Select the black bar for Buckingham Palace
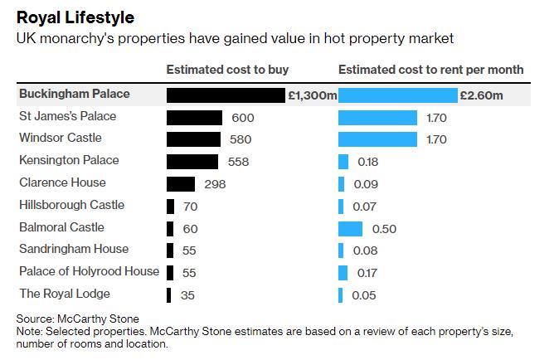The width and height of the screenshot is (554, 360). [x=226, y=95]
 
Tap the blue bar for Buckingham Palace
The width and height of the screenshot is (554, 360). [x=398, y=95]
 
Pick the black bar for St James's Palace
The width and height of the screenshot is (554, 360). [x=195, y=118]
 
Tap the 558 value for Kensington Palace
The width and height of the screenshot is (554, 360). [x=237, y=162]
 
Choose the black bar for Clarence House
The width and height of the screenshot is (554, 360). [x=181, y=183]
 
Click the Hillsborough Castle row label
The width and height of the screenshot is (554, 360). [x=71, y=205]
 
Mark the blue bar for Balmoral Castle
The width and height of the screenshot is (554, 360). [x=351, y=228]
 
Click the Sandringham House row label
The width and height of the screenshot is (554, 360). [x=73, y=249]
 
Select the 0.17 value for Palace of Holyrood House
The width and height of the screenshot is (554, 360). [x=367, y=272]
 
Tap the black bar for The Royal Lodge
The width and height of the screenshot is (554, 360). [x=169, y=294]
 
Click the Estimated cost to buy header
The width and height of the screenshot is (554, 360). [x=228, y=70]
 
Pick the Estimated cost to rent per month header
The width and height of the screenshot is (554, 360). [x=430, y=70]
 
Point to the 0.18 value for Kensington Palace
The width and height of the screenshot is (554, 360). [x=367, y=162]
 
